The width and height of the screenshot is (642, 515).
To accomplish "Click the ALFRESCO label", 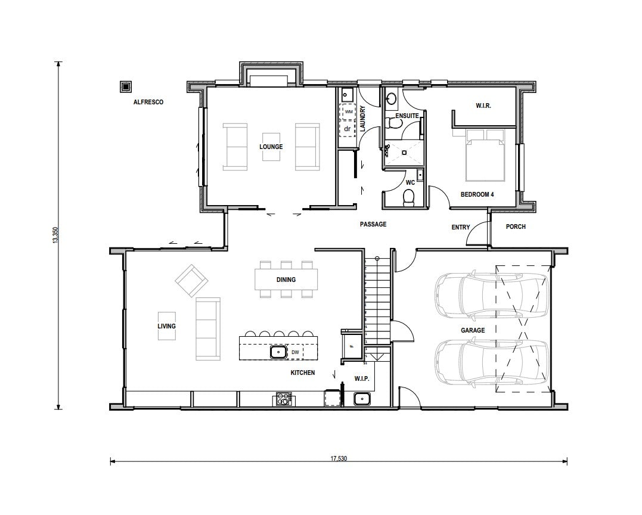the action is tap(148, 102).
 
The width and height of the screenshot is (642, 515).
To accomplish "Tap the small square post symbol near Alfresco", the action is tap(125, 87).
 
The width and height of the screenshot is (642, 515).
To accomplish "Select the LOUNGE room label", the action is tap(271, 147).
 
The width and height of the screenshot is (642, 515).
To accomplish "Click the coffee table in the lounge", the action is tap(271, 147).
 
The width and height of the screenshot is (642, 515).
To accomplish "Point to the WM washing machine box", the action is tap(349, 111).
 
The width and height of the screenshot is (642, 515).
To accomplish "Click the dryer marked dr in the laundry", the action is tap(348, 129).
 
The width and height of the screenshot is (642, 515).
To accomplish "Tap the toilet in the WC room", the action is tap(408, 198).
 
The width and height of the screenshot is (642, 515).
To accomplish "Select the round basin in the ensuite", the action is tap(392, 98).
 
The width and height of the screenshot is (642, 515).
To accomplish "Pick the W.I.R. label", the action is tap(483, 106).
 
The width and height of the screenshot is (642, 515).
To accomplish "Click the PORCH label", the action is tap(516, 227).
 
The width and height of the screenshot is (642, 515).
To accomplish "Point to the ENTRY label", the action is tap(461, 227).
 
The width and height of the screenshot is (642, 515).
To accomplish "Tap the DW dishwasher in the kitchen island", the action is tap(295, 352).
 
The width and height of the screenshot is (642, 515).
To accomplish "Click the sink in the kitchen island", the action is tap(278, 352).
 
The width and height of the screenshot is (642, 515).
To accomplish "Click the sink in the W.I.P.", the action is tap(362, 398).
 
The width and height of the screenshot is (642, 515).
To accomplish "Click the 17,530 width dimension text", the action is tap(339, 458).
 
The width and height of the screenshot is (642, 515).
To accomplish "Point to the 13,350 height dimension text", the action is tap(55, 235).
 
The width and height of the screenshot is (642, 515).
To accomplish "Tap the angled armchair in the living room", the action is tap(191, 280).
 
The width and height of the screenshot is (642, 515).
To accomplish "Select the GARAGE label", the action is tap(473, 330).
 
